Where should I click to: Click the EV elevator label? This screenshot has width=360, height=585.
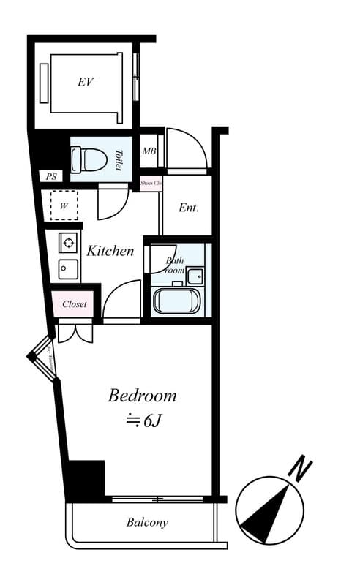point(86,82)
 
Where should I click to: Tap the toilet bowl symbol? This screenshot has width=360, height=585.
point(83,159)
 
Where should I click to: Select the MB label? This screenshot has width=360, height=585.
point(149,152)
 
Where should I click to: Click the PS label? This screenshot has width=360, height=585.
point(50,176)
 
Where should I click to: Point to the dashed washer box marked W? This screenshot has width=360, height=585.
point(64,205)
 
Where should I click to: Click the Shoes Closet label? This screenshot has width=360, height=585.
point(150,183)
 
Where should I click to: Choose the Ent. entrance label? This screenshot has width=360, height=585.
point(189,208)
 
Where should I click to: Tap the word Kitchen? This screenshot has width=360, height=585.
point(110,251)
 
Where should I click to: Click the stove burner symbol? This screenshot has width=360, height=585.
point(68,242)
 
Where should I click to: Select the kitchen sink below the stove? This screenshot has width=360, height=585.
point(68,268)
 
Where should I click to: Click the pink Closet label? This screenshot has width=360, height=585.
point(74,303)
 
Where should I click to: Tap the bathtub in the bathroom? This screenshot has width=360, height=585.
point(176,301)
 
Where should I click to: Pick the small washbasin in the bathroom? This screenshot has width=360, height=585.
point(195,276)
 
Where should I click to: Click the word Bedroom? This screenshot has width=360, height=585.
point(142,396)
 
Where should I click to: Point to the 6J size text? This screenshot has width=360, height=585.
point(143,420)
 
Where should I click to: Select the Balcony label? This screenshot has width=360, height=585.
point(147,522)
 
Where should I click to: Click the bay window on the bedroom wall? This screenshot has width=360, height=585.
point(43,357)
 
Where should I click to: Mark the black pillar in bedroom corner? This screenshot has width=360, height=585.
point(86,479)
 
